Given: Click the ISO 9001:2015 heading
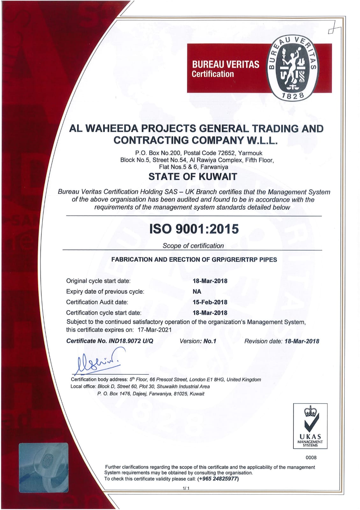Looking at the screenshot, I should (x=194, y=229).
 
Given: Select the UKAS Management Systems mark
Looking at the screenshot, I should (x=310, y=426).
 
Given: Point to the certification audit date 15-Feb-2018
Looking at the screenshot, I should (x=210, y=302).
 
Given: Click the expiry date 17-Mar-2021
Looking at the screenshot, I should (x=155, y=330).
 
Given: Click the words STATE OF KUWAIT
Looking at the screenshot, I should (x=193, y=177).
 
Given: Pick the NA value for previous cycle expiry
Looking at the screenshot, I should (x=197, y=292).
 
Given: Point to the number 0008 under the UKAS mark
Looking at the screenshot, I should (x=311, y=458).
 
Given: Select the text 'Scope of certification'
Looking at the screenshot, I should (x=193, y=246).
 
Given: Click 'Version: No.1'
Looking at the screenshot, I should (x=198, y=341).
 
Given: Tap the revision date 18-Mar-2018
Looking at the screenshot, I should (x=301, y=341).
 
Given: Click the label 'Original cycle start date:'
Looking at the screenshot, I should (x=98, y=281).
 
